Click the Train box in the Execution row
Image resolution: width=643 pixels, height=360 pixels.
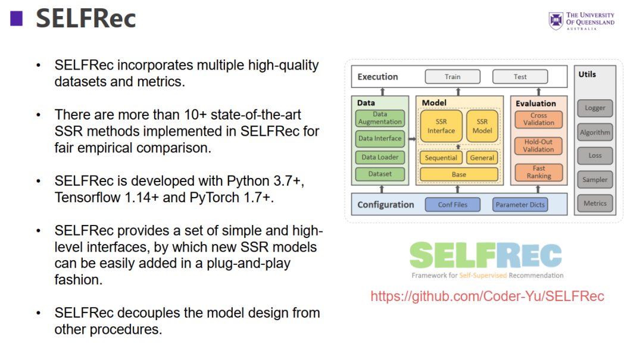click(x=452, y=77)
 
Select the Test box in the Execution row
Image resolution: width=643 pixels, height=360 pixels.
click(x=520, y=77)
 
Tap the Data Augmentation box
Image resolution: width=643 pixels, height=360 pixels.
click(x=380, y=118)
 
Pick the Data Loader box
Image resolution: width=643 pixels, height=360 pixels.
click(x=380, y=158)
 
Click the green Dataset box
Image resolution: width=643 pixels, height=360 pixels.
click(x=380, y=174)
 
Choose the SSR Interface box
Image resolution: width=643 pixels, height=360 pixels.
click(x=441, y=126)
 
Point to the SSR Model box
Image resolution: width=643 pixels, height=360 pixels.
click(x=482, y=126)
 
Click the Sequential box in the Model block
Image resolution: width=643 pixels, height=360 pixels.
click(x=441, y=158)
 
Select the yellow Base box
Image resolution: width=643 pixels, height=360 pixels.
click(x=458, y=174)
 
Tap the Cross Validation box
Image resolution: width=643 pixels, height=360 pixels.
click(x=538, y=119)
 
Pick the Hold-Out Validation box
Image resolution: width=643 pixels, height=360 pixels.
click(x=538, y=146)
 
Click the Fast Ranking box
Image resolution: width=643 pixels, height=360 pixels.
click(x=538, y=172)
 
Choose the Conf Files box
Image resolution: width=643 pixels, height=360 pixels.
click(x=452, y=205)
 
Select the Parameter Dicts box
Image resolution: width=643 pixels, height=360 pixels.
click(x=520, y=205)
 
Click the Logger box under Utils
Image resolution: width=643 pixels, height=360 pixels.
click(x=595, y=108)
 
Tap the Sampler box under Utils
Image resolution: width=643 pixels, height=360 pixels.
click(x=595, y=179)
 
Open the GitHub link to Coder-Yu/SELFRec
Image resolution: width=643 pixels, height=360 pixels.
click(x=487, y=296)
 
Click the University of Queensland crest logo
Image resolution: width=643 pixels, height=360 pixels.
click(x=555, y=21)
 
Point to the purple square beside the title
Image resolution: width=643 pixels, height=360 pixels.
click(x=16, y=19)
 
